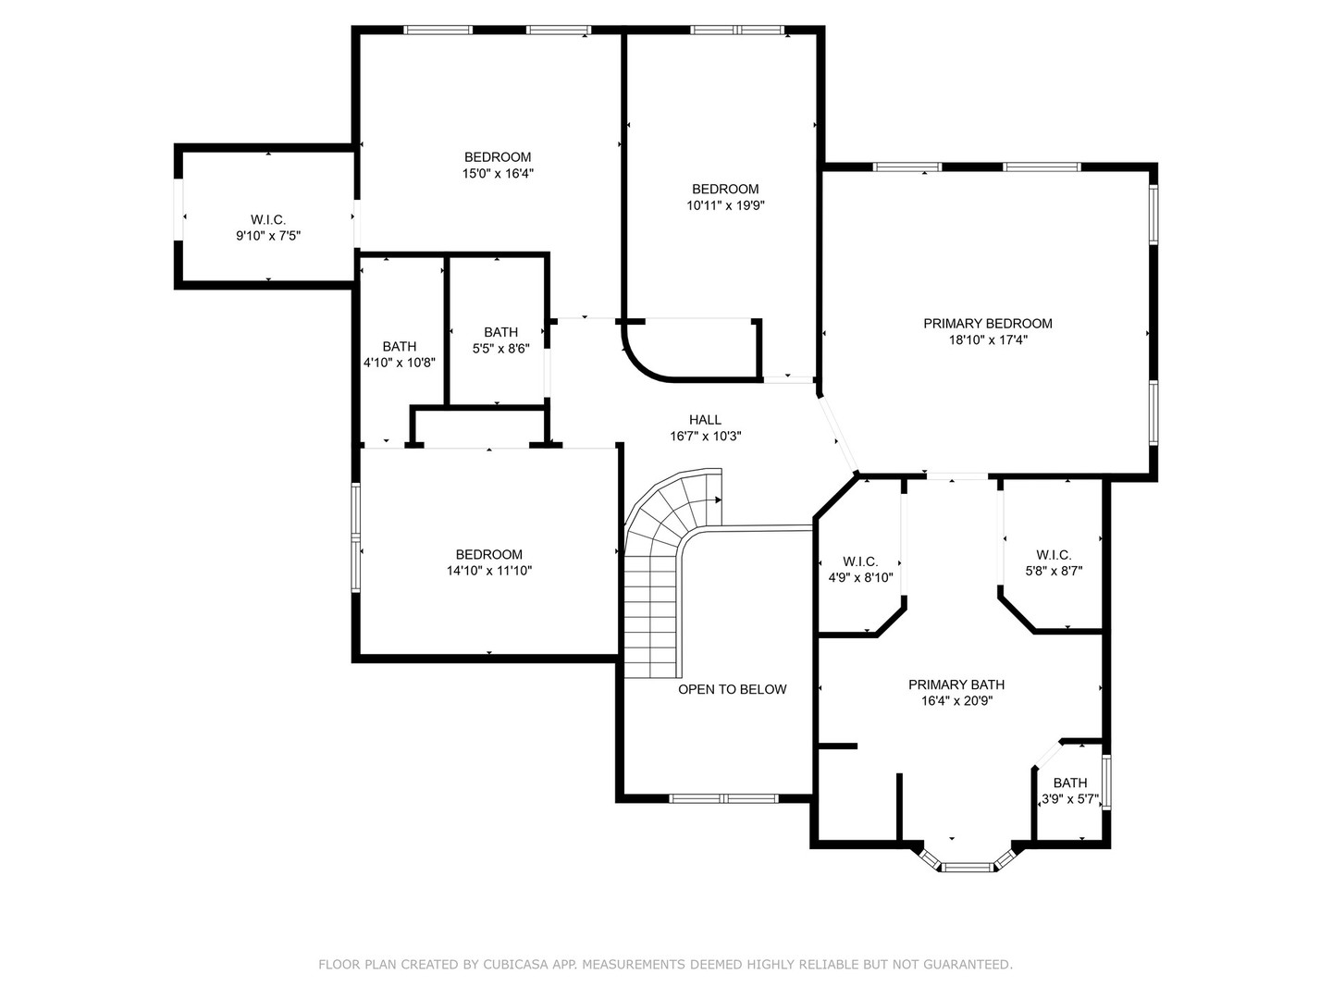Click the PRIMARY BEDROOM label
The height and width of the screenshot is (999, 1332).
click(x=987, y=324)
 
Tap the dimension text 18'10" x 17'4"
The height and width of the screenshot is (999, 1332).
click(x=987, y=340)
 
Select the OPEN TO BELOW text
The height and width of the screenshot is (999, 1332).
click(x=732, y=689)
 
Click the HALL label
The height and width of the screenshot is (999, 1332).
click(x=705, y=420)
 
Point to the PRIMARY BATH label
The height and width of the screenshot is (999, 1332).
click(x=956, y=684)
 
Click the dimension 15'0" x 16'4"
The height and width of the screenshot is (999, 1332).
click(x=498, y=173)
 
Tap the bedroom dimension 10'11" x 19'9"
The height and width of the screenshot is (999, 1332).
click(x=725, y=205)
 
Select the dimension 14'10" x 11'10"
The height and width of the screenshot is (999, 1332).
click(x=488, y=571)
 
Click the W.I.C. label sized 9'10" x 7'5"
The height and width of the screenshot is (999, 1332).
click(x=268, y=220)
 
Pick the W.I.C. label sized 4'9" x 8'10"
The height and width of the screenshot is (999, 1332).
click(x=860, y=561)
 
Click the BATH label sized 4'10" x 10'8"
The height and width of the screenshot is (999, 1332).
click(x=399, y=347)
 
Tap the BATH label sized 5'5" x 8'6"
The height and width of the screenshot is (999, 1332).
click(x=500, y=332)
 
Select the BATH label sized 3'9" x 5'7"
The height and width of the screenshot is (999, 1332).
click(x=1069, y=783)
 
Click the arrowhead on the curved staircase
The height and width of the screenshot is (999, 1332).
click(x=717, y=499)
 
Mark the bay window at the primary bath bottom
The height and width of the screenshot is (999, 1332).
click(x=967, y=867)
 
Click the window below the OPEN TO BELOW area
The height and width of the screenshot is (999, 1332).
click(x=724, y=797)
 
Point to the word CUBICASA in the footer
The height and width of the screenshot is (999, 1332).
click(x=514, y=965)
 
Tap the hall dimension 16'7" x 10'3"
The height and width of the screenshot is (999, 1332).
click(x=705, y=436)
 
